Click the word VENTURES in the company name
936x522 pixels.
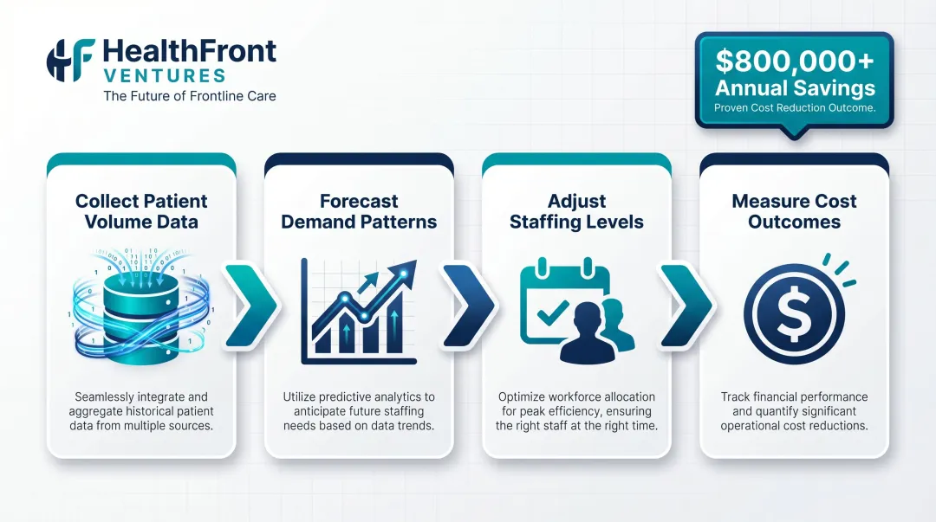164,75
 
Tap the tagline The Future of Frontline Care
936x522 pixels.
190,96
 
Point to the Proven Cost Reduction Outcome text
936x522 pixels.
794,108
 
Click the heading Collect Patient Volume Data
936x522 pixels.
141,211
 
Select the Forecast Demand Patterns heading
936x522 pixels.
359,211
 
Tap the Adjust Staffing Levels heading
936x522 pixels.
576,211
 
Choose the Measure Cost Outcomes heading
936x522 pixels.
794,211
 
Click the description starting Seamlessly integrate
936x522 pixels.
141,411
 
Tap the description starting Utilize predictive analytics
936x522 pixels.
359,411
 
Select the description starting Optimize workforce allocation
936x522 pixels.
576,411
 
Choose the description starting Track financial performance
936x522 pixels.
794,411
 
